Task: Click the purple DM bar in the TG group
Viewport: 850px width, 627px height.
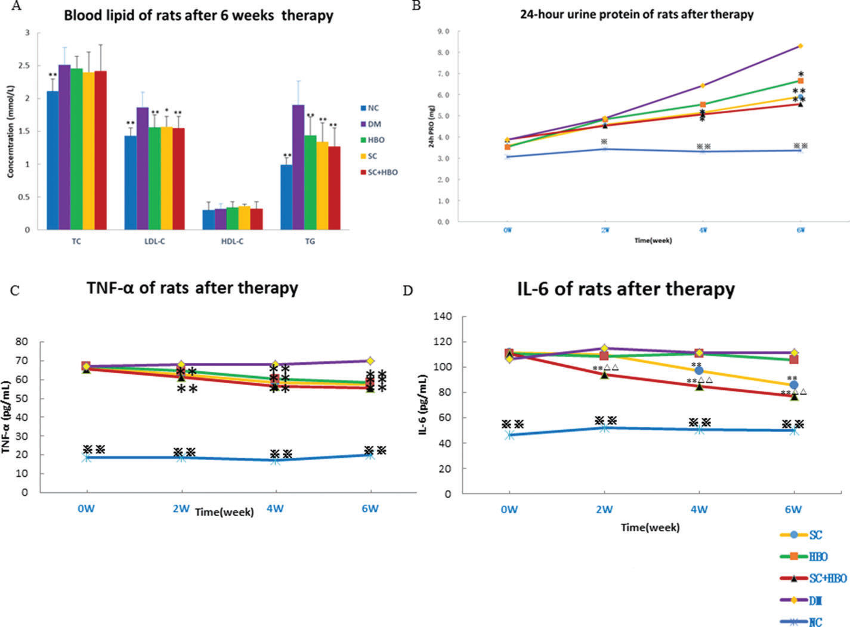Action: click(x=298, y=167)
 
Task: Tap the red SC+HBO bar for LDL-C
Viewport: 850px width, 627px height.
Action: click(x=179, y=179)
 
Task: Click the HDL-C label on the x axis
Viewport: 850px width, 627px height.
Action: click(x=233, y=241)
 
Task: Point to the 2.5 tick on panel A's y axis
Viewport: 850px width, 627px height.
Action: click(x=23, y=66)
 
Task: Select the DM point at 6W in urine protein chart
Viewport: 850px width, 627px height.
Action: click(x=800, y=45)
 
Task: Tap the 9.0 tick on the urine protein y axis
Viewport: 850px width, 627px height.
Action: click(x=444, y=31)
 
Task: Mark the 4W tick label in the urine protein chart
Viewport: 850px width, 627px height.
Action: click(x=702, y=229)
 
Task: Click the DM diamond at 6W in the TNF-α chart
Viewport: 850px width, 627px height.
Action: click(x=370, y=361)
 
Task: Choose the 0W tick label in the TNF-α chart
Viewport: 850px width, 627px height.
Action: click(x=87, y=508)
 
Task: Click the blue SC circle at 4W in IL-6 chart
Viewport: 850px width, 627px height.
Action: click(x=699, y=371)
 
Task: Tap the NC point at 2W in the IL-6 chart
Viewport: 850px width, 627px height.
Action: click(x=604, y=428)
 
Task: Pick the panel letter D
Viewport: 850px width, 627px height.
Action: click(x=408, y=290)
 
